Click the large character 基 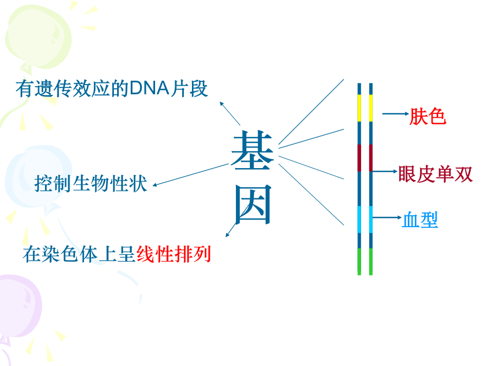[252, 150]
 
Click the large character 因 [253, 204]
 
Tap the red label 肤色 [428, 117]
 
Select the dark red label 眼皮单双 [435, 174]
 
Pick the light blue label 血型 [420, 220]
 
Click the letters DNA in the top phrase [150, 88]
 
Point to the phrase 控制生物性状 [91, 183]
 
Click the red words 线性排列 [174, 254]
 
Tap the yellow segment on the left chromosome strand [359, 108]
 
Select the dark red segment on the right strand [371, 158]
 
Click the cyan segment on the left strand [359, 219]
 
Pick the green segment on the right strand [371, 261]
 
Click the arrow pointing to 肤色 [395, 114]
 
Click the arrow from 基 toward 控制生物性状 [190, 175]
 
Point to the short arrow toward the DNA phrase [230, 113]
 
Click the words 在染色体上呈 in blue [79, 254]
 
